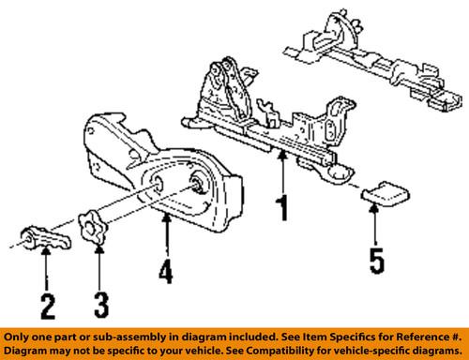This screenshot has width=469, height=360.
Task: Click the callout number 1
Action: click(281, 203)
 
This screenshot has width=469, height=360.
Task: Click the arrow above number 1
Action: click(281, 169)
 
